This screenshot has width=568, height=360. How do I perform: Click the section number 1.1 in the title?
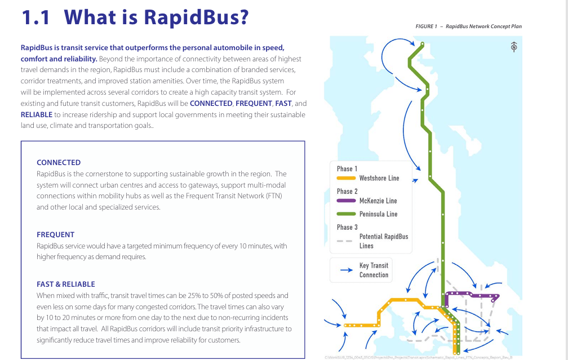click(35, 17)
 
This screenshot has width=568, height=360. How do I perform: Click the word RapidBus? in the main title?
click(196, 17)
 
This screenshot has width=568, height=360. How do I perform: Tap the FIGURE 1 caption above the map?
click(427, 26)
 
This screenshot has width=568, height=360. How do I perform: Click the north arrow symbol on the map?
click(514, 47)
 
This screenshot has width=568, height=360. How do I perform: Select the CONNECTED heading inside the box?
click(59, 163)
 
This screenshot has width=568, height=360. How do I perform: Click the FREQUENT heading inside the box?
click(55, 235)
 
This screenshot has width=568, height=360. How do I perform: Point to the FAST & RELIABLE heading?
click(66, 285)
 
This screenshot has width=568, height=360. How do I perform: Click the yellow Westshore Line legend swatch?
click(346, 178)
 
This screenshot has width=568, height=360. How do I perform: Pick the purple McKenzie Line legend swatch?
click(346, 201)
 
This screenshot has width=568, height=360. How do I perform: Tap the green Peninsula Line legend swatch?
click(346, 214)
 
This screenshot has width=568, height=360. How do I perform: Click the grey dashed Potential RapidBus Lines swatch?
click(344, 241)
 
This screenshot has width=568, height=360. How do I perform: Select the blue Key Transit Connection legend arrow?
click(347, 270)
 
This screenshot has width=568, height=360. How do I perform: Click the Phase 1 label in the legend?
click(347, 169)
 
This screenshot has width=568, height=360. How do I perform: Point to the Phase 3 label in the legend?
click(347, 227)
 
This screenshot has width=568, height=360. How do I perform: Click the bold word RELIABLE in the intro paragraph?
click(37, 115)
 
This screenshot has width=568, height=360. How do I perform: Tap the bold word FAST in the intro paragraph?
click(283, 104)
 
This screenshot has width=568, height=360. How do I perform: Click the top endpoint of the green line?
click(423, 44)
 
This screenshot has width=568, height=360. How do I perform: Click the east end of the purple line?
click(499, 296)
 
